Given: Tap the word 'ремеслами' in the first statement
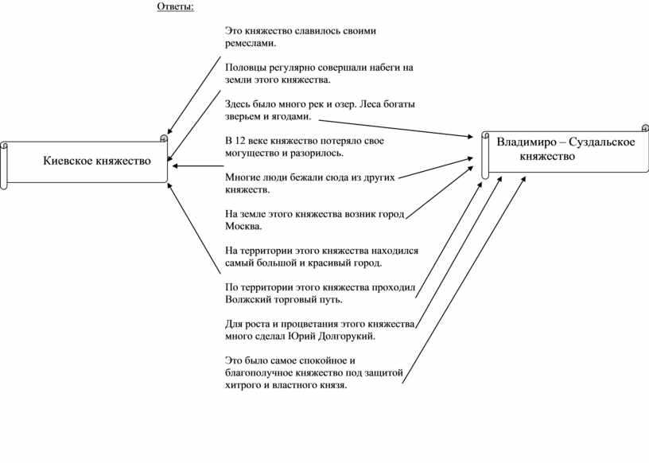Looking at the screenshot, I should click(249, 44).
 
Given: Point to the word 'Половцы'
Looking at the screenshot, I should click(247, 68).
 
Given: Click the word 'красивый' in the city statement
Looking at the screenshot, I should click(325, 263).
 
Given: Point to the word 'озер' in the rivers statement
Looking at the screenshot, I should click(335, 104).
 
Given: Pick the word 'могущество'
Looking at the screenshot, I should click(252, 153).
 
